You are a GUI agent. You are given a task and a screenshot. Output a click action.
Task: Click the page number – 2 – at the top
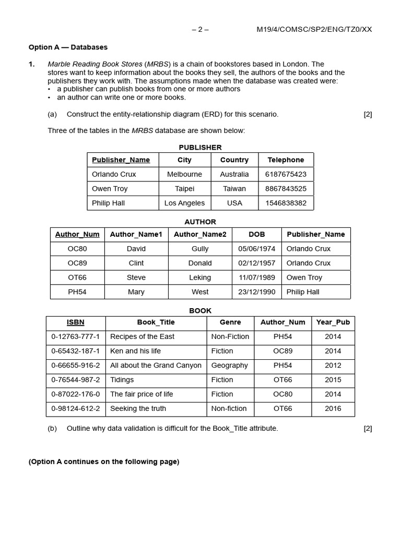pos(200,29)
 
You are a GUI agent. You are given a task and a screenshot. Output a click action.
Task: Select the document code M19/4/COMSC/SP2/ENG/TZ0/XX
pos(314,29)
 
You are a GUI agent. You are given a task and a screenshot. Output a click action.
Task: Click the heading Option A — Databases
pos(68,47)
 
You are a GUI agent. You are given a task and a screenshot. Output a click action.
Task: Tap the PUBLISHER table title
pos(200,148)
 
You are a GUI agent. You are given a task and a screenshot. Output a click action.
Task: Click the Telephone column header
pos(286,160)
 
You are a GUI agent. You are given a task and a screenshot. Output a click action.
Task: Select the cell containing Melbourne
pos(184,174)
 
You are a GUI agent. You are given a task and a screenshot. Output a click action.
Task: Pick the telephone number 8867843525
pos(286,189)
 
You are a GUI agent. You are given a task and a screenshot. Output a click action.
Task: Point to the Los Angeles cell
pos(184,203)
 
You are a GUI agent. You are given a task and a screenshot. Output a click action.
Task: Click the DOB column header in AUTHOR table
pos(256,235)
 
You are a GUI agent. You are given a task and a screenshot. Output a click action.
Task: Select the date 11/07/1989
pos(256,277)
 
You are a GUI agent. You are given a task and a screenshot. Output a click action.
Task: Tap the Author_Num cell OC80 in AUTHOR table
pos(77,249)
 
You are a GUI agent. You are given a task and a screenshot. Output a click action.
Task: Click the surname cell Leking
pos(200,277)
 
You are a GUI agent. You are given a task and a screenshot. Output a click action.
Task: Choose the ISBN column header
pos(75,322)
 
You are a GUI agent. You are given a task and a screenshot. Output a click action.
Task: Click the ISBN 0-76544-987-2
pos(75,380)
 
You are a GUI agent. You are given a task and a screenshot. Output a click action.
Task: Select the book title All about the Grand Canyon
pos(156,366)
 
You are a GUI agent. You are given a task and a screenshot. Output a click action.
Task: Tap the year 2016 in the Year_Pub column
pos(333,408)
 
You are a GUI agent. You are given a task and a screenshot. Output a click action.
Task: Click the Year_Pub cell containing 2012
pos(333,366)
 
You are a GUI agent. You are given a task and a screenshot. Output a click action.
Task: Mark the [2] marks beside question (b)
pos(368,429)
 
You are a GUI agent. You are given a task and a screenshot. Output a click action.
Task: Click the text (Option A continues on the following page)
pos(104,462)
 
